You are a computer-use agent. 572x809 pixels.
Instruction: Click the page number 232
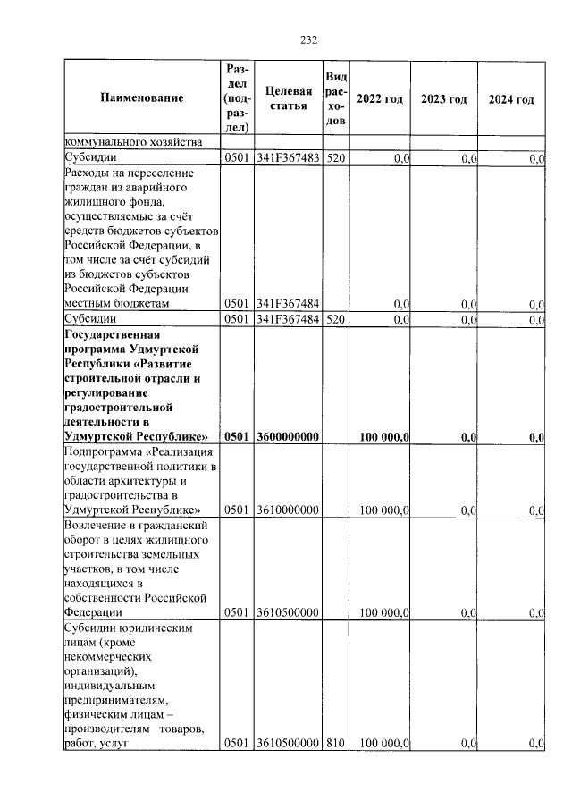pos(308,39)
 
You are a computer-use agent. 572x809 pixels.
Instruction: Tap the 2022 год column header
pos(379,99)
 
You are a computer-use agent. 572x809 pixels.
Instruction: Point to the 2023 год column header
pos(444,99)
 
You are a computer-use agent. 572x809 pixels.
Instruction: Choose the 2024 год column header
pos(511,99)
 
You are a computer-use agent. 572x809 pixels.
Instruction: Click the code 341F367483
pos(288,158)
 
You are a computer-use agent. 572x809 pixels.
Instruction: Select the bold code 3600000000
pos(288,436)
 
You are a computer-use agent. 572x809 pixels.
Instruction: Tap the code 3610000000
pos(288,510)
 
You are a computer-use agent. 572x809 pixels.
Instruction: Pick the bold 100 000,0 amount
pos(384,436)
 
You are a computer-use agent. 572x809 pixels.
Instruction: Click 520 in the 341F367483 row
pos(335,158)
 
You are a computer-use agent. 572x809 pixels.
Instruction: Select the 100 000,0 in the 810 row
pos(384,743)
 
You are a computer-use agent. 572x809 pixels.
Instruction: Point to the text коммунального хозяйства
pos(133,142)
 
